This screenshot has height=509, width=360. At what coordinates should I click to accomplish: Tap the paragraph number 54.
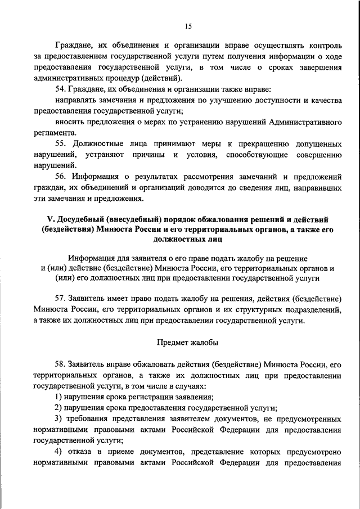62,89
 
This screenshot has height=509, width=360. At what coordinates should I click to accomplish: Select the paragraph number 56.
62,176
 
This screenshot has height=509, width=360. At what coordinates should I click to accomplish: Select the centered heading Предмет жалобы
188,342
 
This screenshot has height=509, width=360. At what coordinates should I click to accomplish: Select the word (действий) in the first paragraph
162,78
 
